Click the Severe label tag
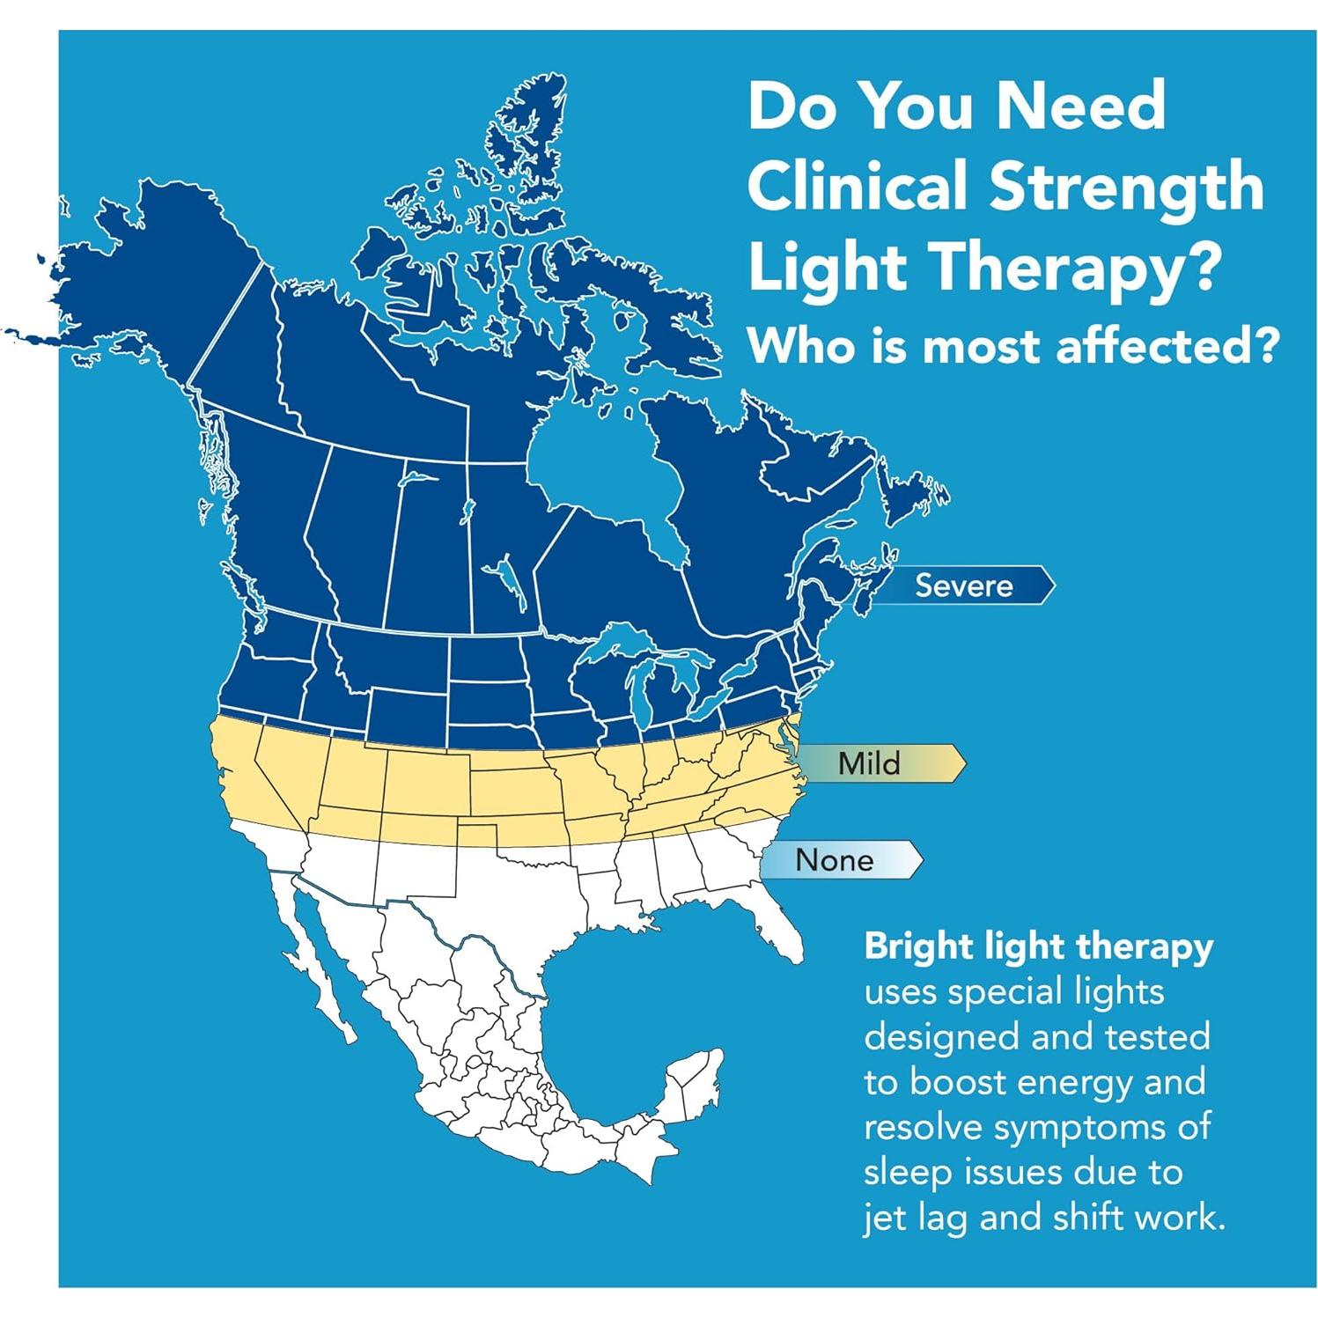pyautogui.click(x=964, y=585)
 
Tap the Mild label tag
pyautogui.click(x=870, y=762)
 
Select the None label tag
pyautogui.click(x=834, y=859)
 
